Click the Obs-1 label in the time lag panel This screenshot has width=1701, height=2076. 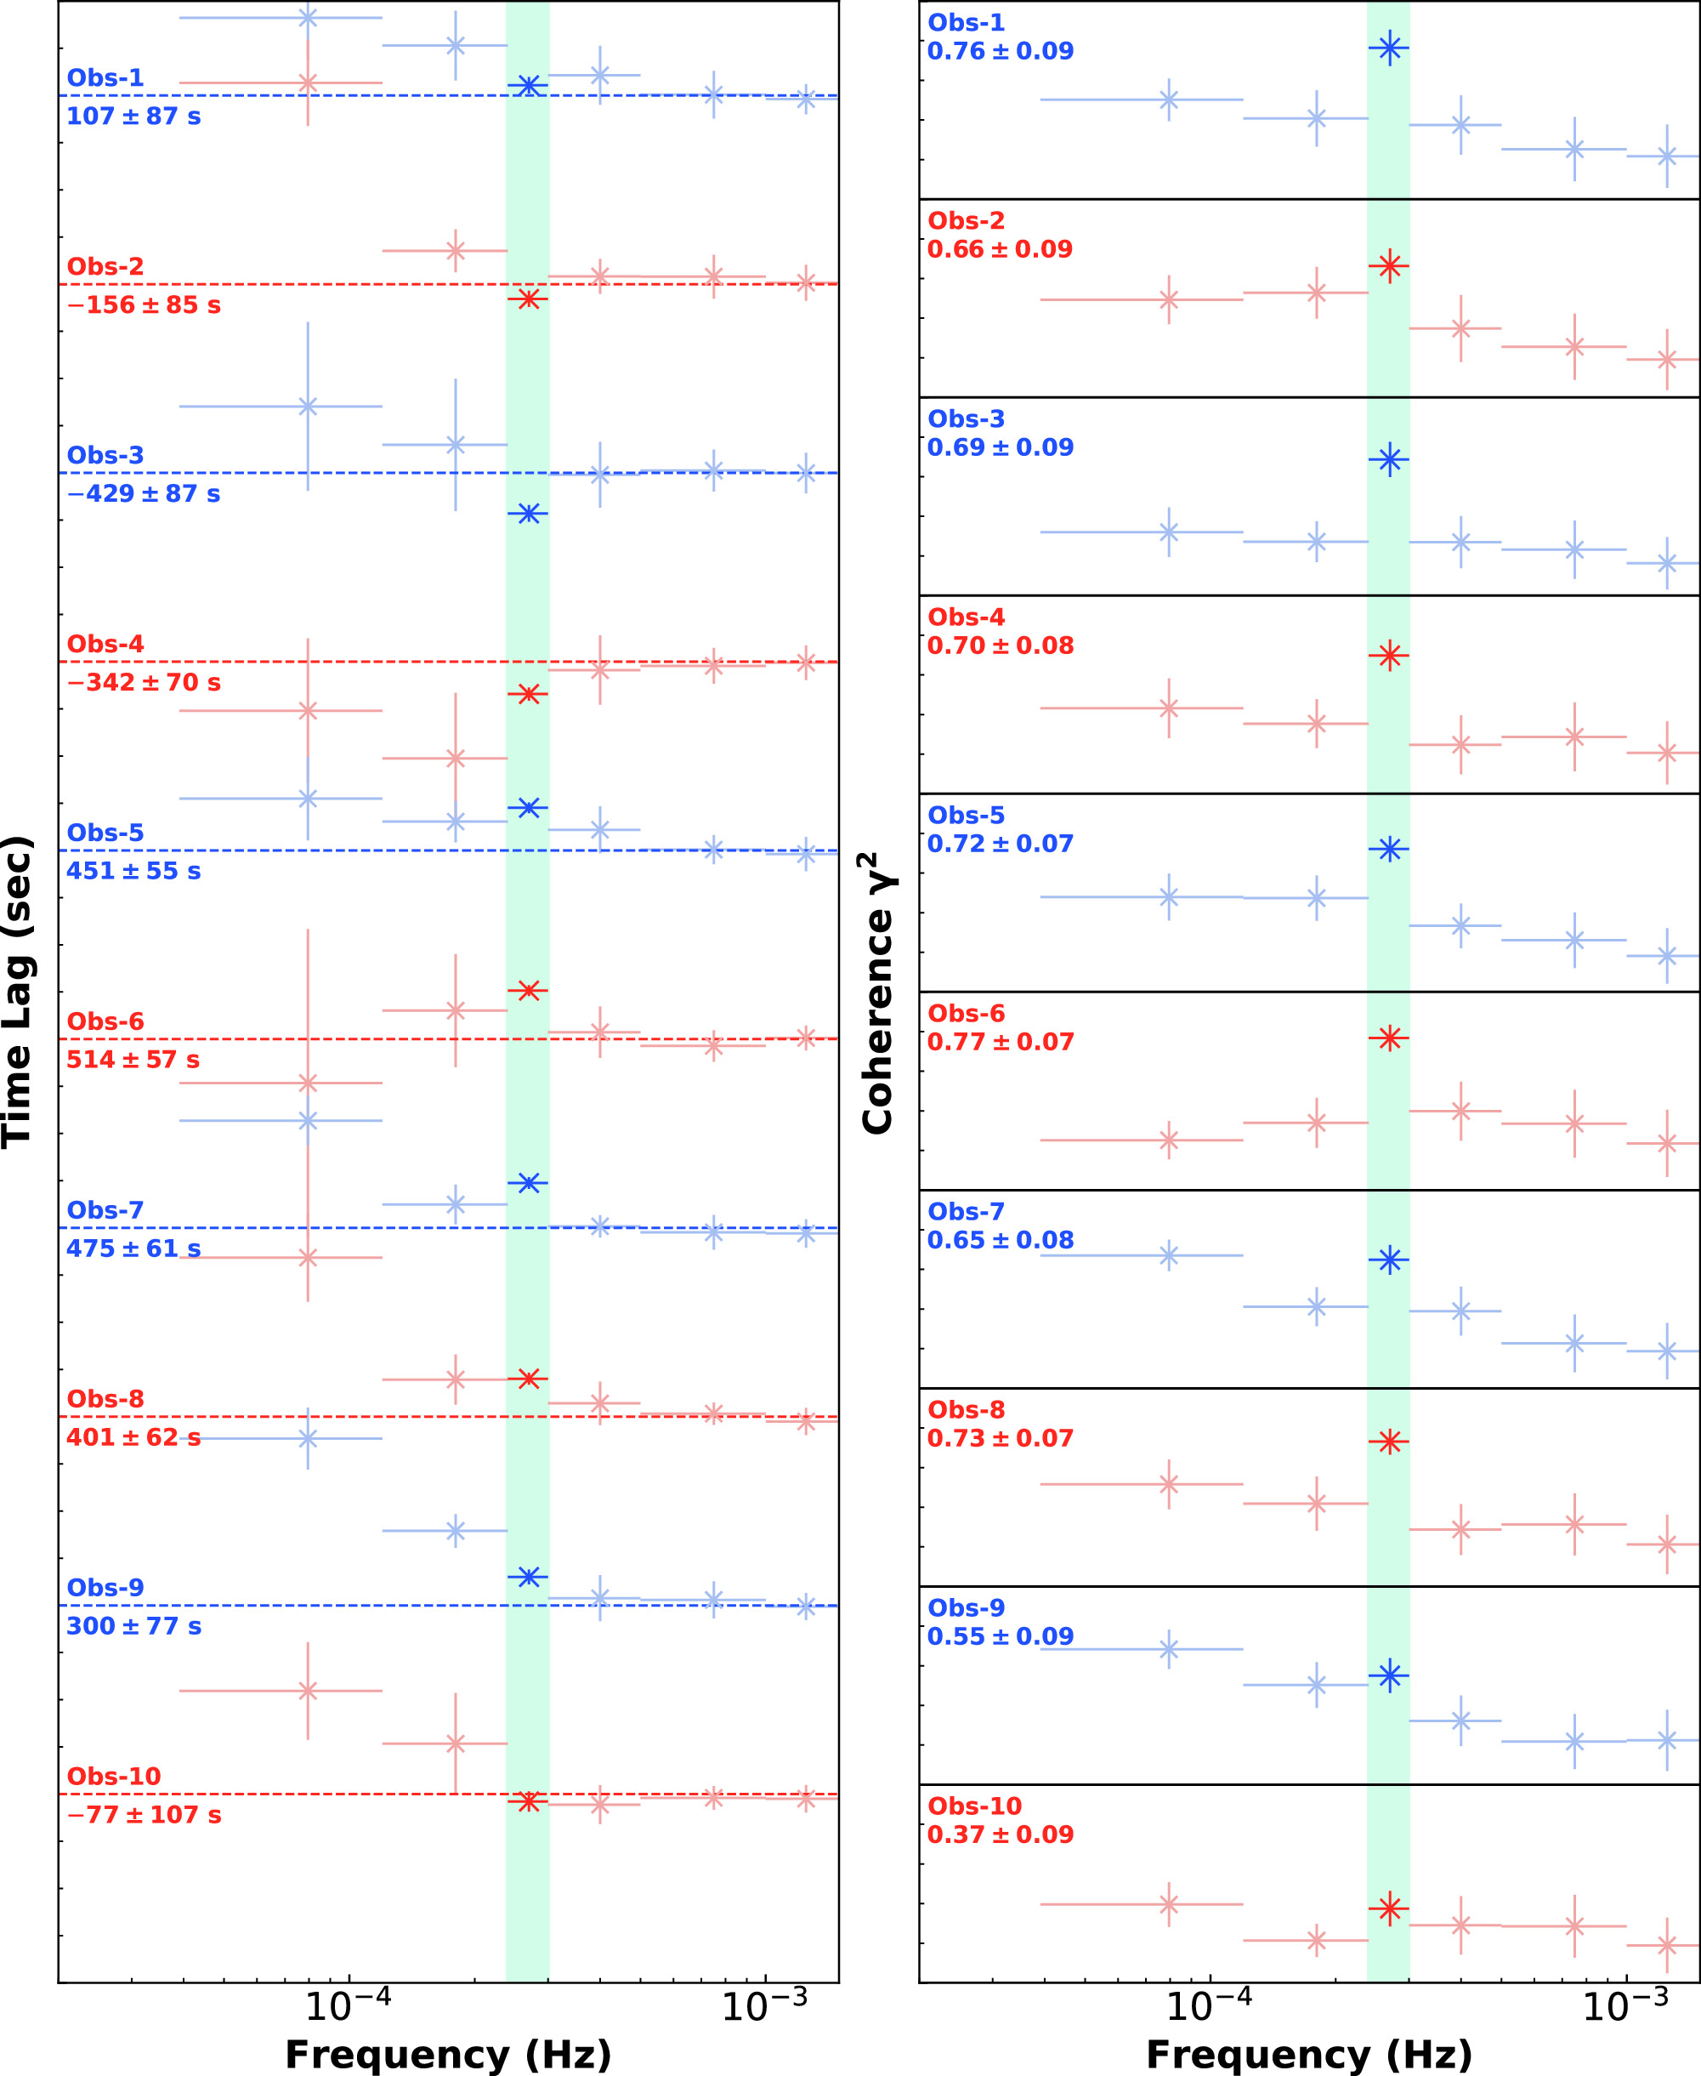pos(105,77)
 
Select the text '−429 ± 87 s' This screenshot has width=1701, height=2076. pos(143,494)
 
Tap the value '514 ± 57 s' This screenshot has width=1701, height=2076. pos(133,1060)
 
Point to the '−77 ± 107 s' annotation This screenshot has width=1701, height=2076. pos(144,1814)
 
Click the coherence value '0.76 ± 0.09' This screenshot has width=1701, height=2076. pos(1001,51)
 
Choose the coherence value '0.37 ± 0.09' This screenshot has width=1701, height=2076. pos(1001,1834)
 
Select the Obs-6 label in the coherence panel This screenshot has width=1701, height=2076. pos(967,1014)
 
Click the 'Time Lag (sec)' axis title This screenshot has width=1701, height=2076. pos(18,991)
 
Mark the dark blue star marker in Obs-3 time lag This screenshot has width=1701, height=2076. pos(528,513)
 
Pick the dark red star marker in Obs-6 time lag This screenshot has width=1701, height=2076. pos(528,990)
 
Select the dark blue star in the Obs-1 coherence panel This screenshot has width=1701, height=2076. pos(1389,47)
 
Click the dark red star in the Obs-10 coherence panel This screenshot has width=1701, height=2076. pos(1389,1908)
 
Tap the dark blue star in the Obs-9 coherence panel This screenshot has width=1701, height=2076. pos(1389,1675)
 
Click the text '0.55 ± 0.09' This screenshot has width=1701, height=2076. pos(1001,1636)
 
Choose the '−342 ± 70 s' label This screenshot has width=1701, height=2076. pos(144,682)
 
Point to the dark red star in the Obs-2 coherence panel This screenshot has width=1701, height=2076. pos(1389,264)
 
